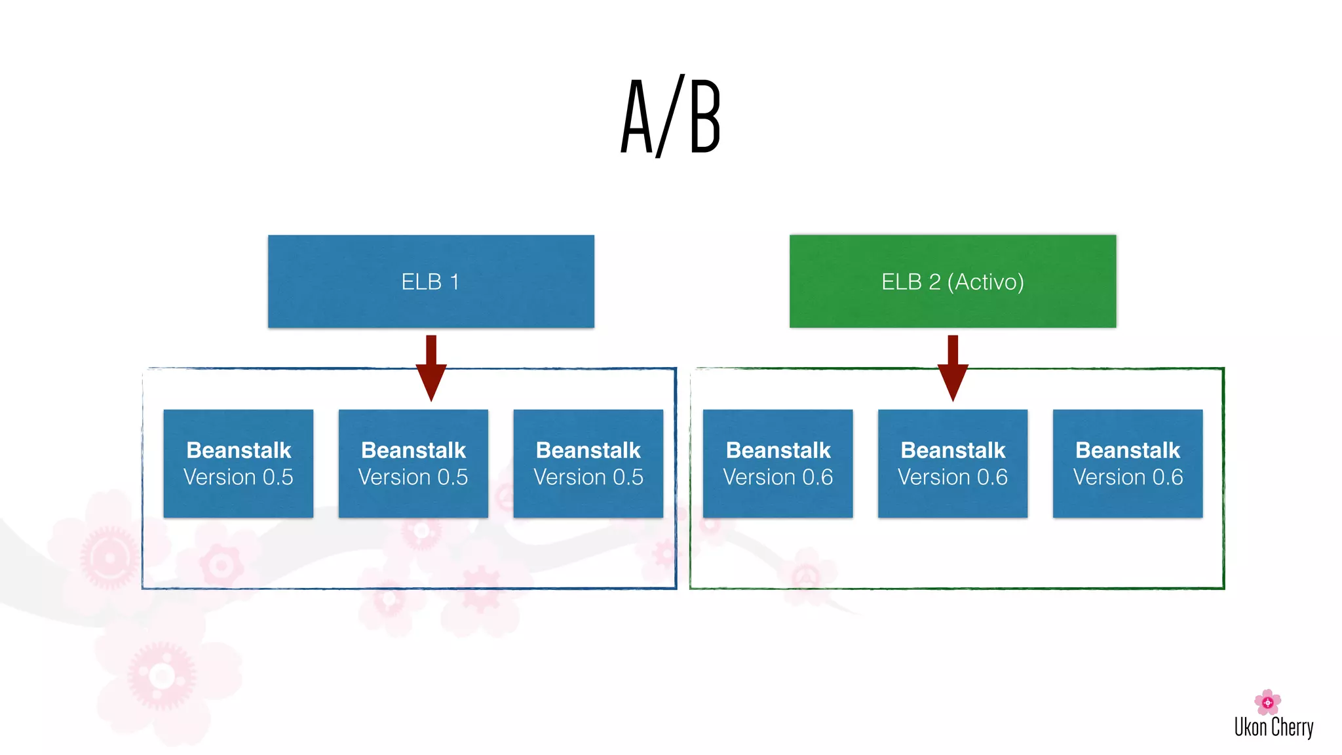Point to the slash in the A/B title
(x=670, y=117)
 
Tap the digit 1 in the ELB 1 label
(x=454, y=282)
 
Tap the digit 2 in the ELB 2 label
(x=934, y=282)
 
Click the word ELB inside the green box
(x=901, y=282)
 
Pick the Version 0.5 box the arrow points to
(x=413, y=463)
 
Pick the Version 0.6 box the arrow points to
(x=952, y=463)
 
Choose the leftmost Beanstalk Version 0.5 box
(x=238, y=463)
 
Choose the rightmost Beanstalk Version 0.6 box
(x=1127, y=463)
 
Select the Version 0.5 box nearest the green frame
(x=588, y=463)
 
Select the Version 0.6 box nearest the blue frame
(x=777, y=463)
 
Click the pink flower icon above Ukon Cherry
(x=1267, y=702)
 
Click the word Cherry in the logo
(x=1292, y=727)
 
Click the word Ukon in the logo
(x=1250, y=727)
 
